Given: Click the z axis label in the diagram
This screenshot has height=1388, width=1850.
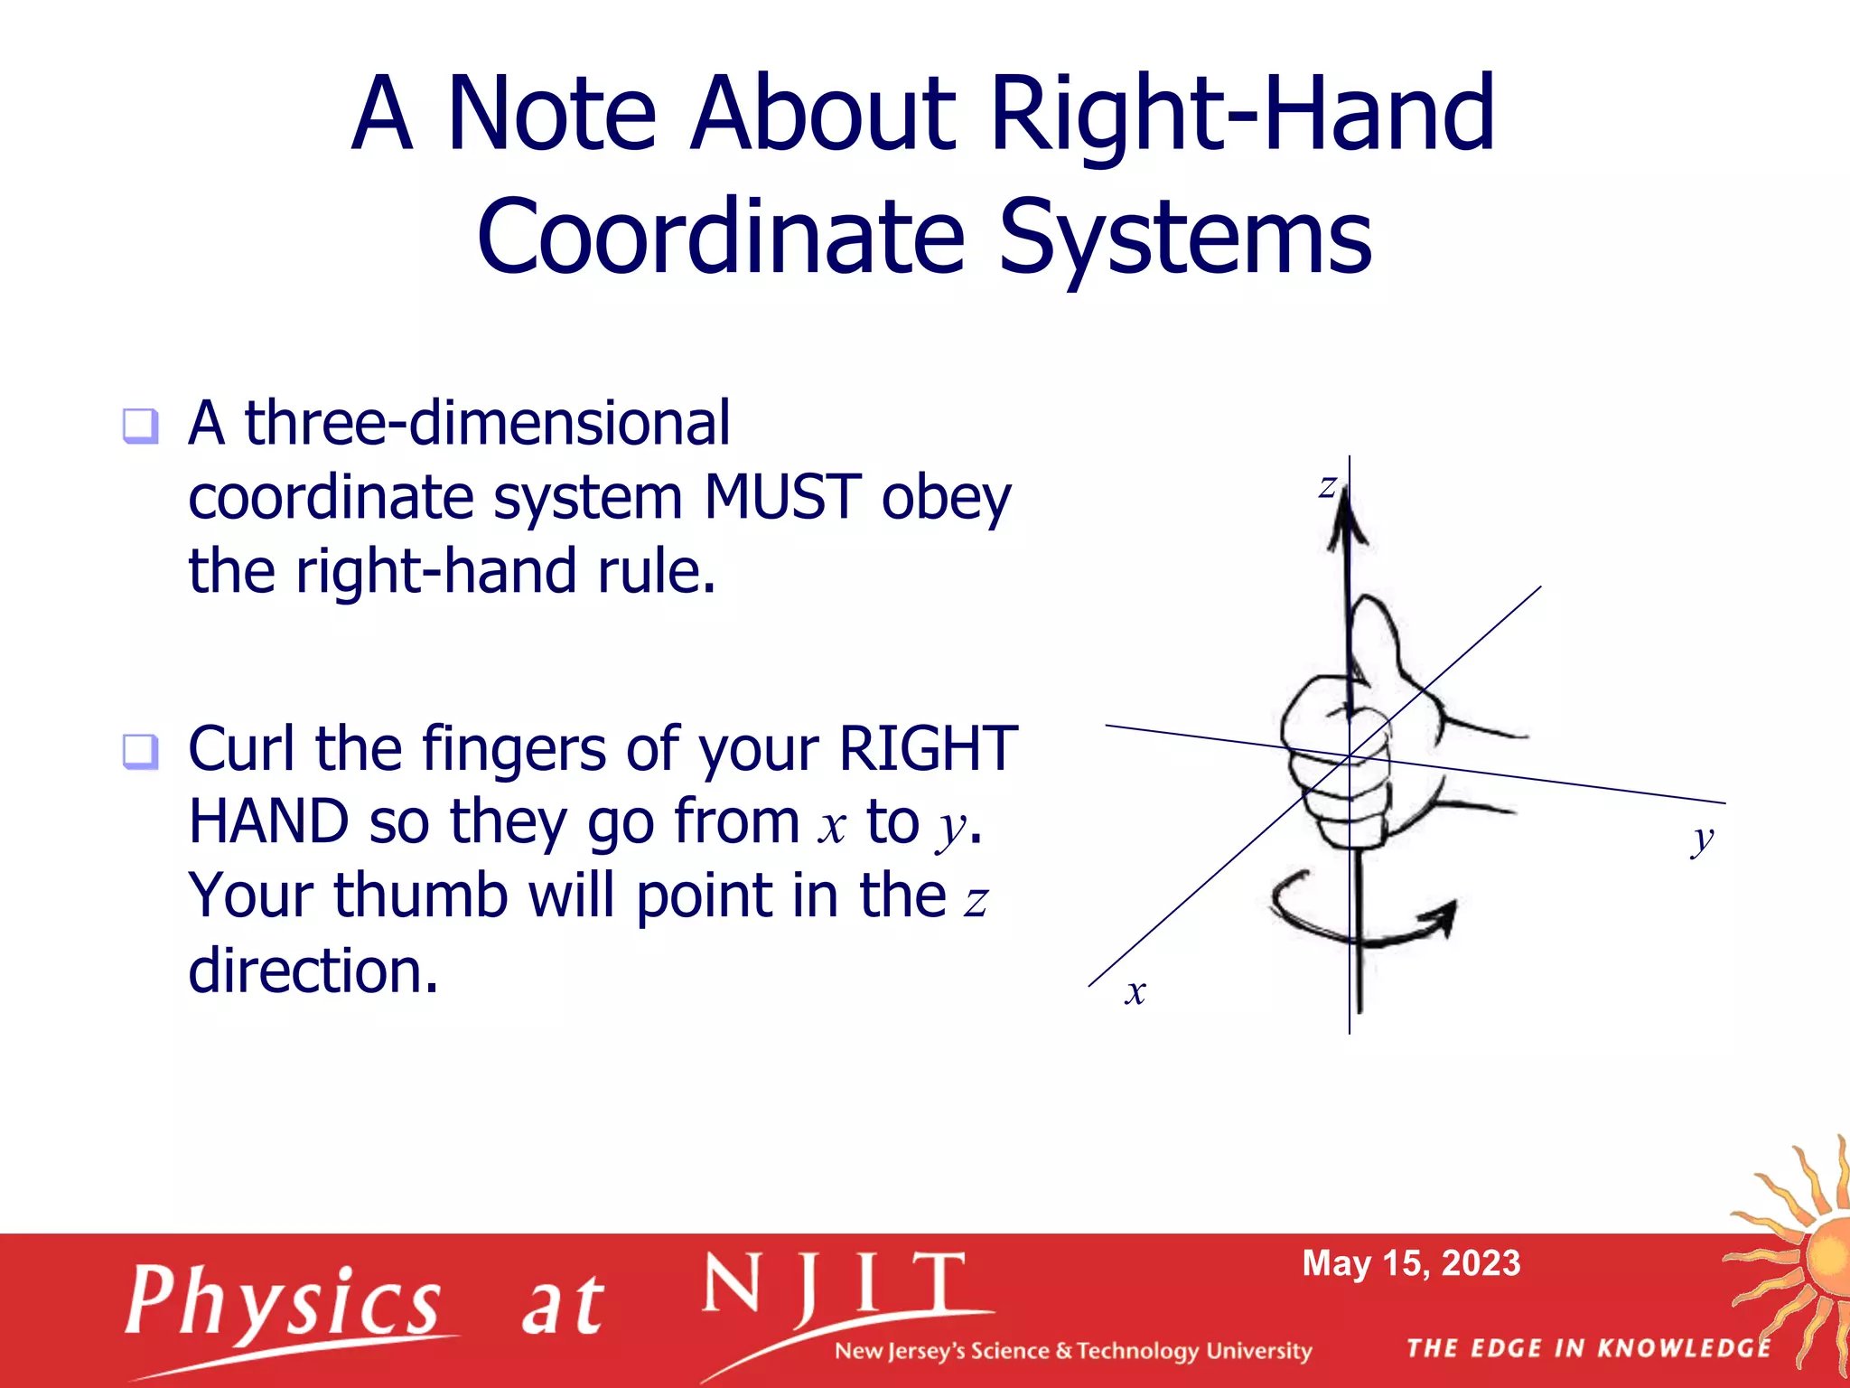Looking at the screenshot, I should coord(1326,487).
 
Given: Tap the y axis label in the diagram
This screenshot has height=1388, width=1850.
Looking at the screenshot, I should coord(1702,839).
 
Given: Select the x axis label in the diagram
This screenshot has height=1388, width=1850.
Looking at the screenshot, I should coord(1135,992).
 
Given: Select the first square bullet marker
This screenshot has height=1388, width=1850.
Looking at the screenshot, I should coord(141,426).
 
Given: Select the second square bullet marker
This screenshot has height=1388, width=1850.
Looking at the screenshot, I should coord(141,751).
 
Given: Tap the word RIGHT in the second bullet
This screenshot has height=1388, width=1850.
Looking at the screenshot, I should coord(928,749).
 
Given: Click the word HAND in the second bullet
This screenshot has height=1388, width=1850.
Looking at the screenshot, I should coord(268,822).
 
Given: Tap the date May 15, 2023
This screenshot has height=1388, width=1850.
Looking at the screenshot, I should coord(1411,1263).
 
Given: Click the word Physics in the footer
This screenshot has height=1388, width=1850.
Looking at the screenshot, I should coord(283,1302).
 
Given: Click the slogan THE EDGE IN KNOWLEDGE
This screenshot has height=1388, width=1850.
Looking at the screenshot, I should coord(1588,1348).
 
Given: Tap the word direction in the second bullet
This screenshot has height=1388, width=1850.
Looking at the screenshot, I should coord(313,971).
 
